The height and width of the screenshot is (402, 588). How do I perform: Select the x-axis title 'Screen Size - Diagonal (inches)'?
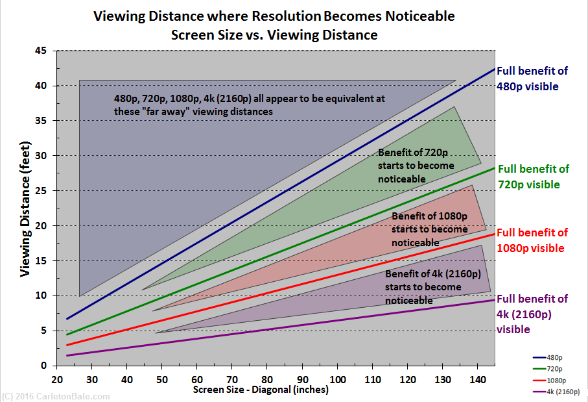coord(261,390)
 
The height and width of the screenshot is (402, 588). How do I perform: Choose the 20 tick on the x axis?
coord(57,379)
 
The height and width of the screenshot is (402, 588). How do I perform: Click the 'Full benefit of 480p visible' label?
coord(532,78)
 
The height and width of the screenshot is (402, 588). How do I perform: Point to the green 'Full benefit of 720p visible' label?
coord(533,177)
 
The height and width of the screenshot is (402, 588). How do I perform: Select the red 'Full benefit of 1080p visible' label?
coord(532,240)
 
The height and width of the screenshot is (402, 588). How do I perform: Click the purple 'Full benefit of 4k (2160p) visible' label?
coord(532,314)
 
